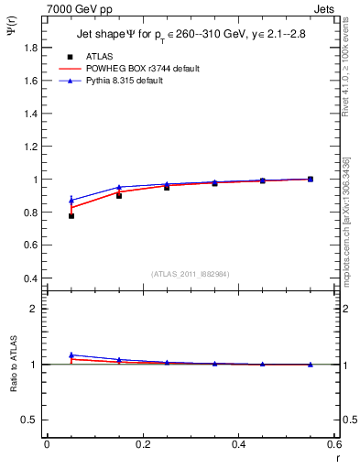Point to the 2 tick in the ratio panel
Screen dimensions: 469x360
[x=37, y=309]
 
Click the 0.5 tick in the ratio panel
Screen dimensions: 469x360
[x=32, y=420]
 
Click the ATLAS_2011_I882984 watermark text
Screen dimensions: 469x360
[x=191, y=275]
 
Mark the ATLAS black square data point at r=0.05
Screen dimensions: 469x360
[x=71, y=216]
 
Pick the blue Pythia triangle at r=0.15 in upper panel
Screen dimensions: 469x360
[x=119, y=187]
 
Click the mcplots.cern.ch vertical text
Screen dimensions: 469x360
[x=345, y=234]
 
